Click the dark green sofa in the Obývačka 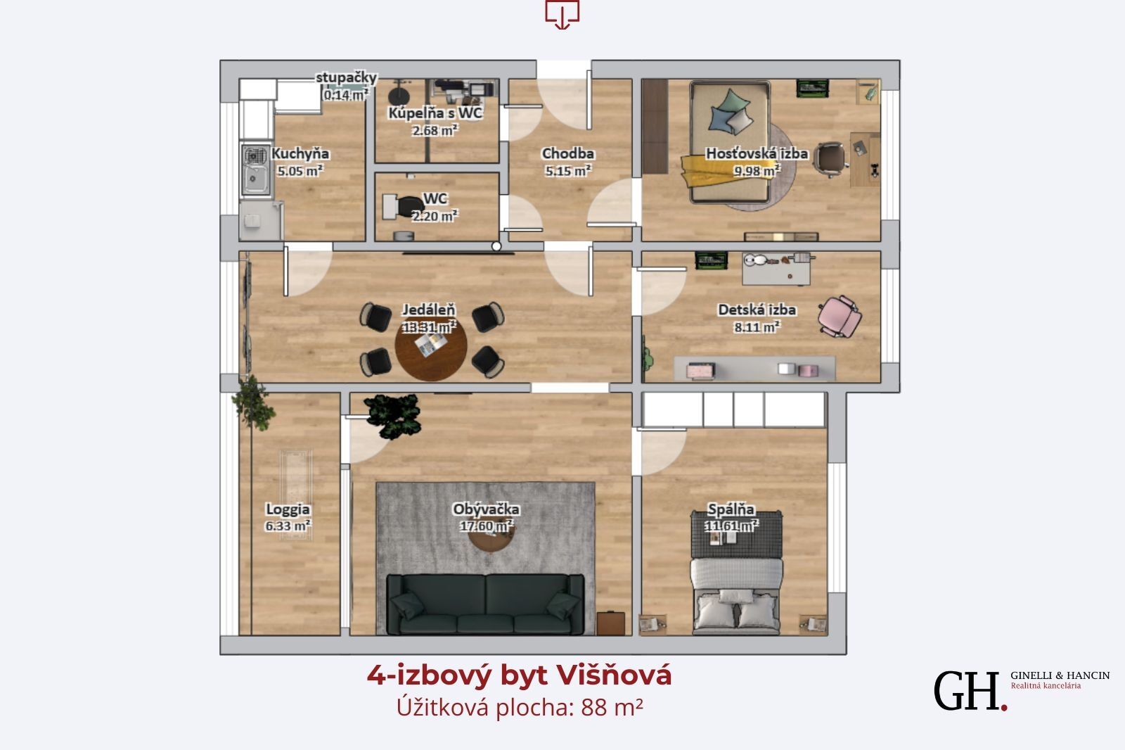[x=485, y=604]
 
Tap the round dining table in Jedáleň [x=431, y=348]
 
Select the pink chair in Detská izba [x=840, y=316]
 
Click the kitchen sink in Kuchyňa [x=256, y=170]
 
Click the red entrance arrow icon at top [x=562, y=14]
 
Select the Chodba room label [x=568, y=153]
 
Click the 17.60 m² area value [x=486, y=526]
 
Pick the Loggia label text [x=288, y=509]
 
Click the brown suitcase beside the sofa [x=611, y=623]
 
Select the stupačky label [x=346, y=77]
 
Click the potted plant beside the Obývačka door [x=393, y=415]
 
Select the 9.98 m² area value [x=757, y=171]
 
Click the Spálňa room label [x=731, y=509]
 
